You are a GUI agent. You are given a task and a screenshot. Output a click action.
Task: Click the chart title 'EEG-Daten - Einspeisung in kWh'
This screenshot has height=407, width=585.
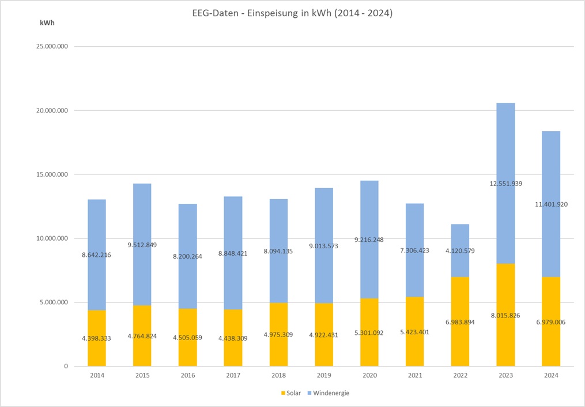[293, 13]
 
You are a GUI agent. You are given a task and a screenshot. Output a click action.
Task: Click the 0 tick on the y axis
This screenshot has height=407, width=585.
[65, 366]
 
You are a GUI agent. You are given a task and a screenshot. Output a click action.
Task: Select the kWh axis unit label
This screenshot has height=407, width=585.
[48, 23]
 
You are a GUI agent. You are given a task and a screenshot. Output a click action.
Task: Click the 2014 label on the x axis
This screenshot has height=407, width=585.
[96, 375]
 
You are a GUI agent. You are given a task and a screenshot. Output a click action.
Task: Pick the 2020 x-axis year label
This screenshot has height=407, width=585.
[369, 375]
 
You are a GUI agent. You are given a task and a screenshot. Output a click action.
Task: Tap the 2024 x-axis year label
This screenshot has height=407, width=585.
[551, 375]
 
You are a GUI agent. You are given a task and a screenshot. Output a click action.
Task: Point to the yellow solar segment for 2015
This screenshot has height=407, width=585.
[142, 346]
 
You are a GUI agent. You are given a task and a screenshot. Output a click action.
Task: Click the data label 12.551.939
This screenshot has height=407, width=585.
[505, 184]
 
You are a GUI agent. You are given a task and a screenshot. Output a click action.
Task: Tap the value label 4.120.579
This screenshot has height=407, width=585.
[460, 251]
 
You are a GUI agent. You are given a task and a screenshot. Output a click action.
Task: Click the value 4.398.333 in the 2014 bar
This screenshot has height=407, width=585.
[96, 338]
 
